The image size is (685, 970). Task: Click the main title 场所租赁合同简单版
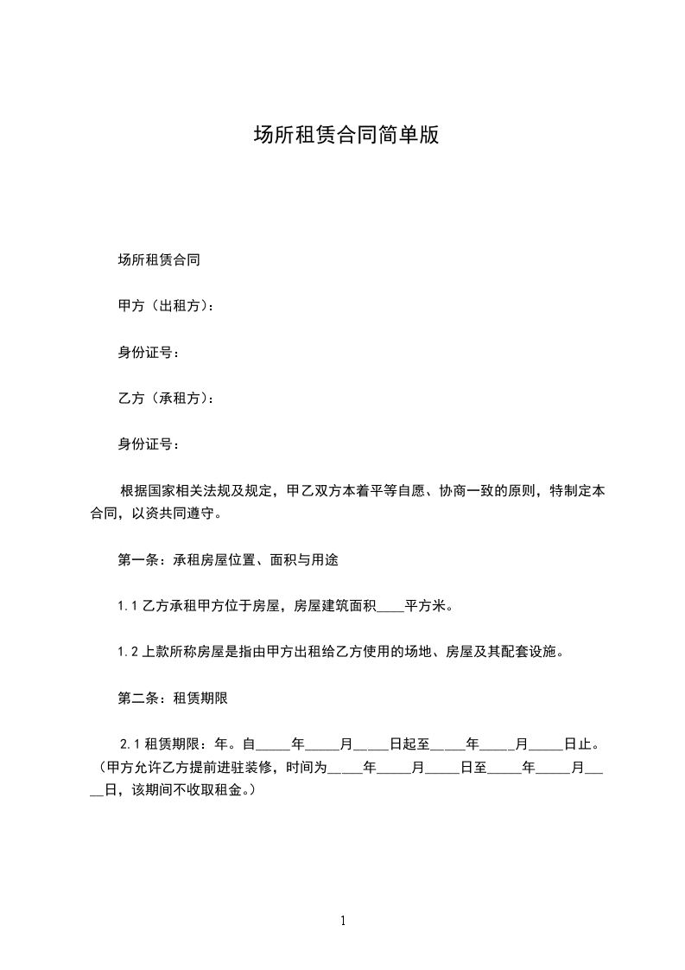click(x=346, y=136)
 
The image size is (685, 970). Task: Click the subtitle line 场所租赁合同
click(x=159, y=258)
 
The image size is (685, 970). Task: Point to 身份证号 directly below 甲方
click(x=149, y=352)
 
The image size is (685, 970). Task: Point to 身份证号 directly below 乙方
click(x=149, y=445)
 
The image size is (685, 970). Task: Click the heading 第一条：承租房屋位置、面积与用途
click(x=228, y=559)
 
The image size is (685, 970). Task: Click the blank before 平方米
click(x=391, y=606)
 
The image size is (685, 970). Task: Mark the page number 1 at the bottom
click(x=343, y=921)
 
